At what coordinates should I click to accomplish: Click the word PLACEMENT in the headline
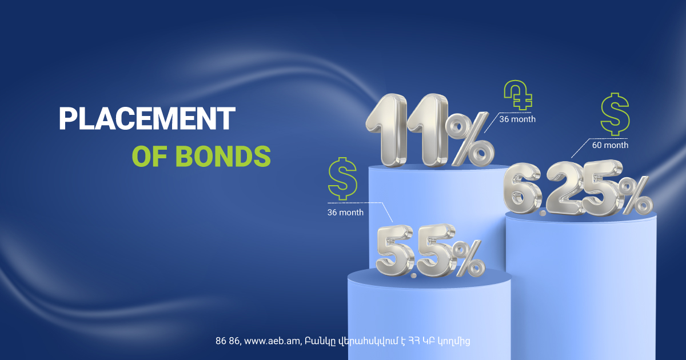(x=147, y=118)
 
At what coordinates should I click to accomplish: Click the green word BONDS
(x=223, y=156)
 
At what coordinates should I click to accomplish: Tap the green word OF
(x=149, y=156)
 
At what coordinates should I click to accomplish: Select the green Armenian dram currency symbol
(x=518, y=95)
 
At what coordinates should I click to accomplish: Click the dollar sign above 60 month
(x=615, y=114)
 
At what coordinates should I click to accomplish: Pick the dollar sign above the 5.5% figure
(x=342, y=178)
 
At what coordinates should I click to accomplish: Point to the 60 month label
(x=610, y=145)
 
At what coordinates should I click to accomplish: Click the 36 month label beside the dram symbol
(x=517, y=119)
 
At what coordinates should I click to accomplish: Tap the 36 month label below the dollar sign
(x=345, y=212)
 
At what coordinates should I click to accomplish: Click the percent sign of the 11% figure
(x=469, y=139)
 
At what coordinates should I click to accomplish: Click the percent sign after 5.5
(x=468, y=258)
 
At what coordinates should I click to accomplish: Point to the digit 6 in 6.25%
(x=521, y=188)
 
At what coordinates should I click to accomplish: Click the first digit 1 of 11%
(x=387, y=130)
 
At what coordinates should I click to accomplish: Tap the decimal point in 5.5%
(x=414, y=275)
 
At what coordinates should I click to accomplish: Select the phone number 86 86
(x=227, y=341)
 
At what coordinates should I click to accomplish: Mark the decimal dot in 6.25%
(x=543, y=213)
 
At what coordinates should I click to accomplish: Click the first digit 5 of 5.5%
(x=395, y=250)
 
